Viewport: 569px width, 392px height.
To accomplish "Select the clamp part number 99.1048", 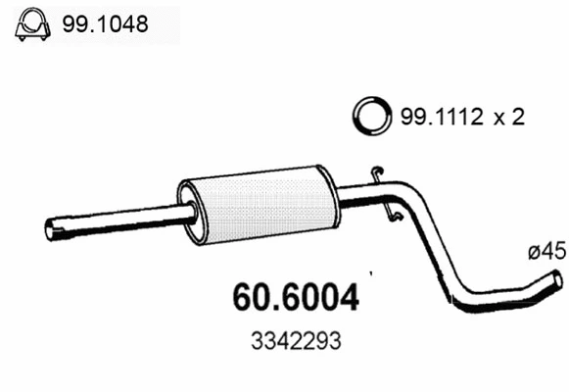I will [x=107, y=24].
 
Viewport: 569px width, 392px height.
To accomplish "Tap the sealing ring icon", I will [x=370, y=117].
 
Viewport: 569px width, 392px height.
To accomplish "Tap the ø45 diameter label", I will [x=545, y=252].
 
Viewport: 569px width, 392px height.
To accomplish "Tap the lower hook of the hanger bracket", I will [x=394, y=216].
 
